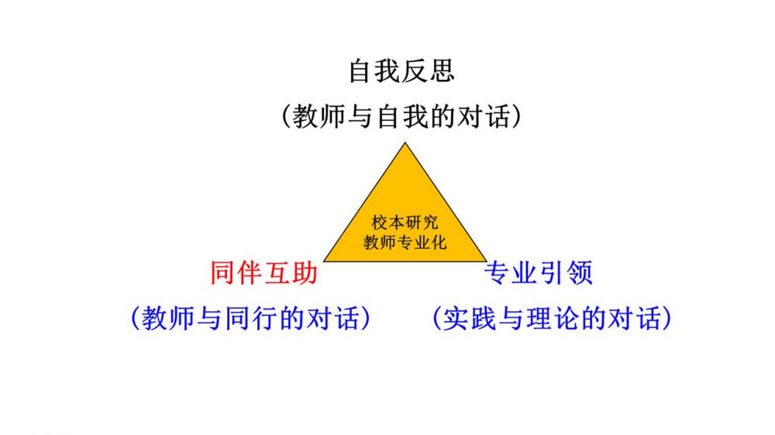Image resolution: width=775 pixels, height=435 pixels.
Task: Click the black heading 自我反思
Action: (x=401, y=71)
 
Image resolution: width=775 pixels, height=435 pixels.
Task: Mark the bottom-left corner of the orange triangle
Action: (x=324, y=261)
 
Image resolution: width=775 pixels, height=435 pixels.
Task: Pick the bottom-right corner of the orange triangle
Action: (x=486, y=261)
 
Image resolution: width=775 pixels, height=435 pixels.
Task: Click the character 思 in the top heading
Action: (x=441, y=71)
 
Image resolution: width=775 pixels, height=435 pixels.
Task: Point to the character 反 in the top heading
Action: (x=415, y=71)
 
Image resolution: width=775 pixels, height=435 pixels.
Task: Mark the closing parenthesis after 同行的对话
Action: (x=364, y=318)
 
